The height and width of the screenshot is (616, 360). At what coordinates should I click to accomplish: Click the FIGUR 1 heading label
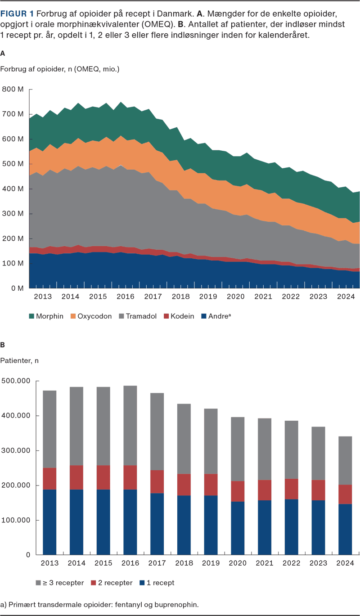pos(17,13)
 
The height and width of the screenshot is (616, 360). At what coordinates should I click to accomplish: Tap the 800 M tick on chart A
pos(13,89)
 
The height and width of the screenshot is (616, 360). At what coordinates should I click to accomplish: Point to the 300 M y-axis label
pos(13,213)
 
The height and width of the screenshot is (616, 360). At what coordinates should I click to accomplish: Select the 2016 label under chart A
pos(126,297)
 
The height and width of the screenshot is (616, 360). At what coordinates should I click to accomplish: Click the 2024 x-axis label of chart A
pos(346,297)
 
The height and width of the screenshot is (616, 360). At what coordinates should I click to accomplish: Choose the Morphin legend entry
pos(46,316)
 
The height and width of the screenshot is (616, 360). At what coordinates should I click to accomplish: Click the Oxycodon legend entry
pos(91,316)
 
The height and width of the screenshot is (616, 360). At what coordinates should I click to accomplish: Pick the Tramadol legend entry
pos(138,316)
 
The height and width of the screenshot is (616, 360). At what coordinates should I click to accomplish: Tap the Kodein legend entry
pos(179,316)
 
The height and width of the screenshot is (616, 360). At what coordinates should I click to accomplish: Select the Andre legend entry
pos(216,316)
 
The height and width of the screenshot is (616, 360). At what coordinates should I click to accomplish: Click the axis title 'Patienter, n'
pos(19,360)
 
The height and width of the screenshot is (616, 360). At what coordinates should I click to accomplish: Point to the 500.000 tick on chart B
pos(16,381)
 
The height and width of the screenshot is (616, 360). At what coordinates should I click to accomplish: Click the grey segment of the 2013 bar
pos(49,429)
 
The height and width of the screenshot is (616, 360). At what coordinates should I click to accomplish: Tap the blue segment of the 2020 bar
pos(238,528)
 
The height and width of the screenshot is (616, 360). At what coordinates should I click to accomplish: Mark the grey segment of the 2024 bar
pos(345,460)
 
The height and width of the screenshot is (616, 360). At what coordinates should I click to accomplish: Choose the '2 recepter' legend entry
pos(112,583)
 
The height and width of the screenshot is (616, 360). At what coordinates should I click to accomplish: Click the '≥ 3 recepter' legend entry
pos(60,583)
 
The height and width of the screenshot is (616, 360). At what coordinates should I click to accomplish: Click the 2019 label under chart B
pos(211,563)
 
